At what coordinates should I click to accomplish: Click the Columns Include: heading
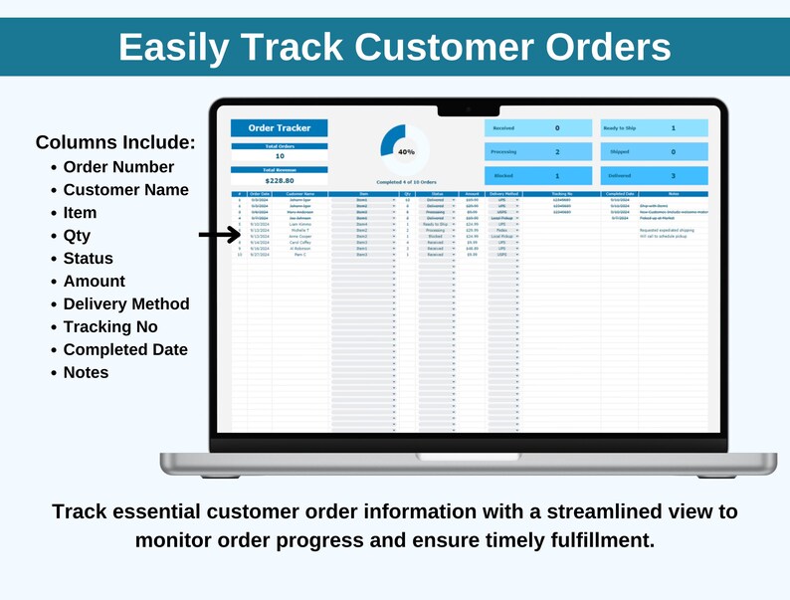(x=115, y=142)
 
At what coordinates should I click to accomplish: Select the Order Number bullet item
(x=118, y=167)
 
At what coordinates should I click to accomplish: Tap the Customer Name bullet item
(x=125, y=190)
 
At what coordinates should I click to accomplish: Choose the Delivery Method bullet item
(x=125, y=303)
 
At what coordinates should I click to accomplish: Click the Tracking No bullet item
(x=109, y=326)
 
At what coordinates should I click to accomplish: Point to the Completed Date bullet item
(x=124, y=349)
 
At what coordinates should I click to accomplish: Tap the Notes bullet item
(x=86, y=372)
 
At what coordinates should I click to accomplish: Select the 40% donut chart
(x=405, y=151)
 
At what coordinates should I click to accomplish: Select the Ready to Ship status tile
(x=654, y=128)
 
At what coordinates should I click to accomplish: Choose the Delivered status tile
(x=654, y=175)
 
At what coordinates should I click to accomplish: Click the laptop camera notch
(x=468, y=107)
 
